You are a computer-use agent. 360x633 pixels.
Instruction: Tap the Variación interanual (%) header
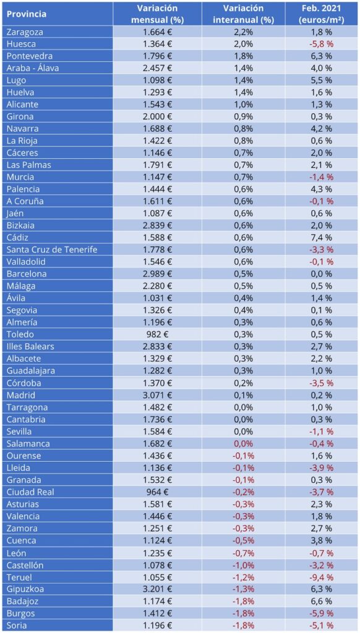[x=244, y=14]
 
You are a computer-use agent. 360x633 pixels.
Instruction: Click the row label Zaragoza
[x=25, y=32]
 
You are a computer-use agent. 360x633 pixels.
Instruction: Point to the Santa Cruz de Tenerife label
[x=52, y=250]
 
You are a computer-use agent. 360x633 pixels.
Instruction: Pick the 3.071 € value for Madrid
[x=158, y=395]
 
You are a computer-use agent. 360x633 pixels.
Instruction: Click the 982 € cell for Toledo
[x=158, y=334]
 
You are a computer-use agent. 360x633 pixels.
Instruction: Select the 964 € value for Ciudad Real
[x=158, y=492]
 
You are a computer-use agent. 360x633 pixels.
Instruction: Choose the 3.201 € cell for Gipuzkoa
[x=158, y=589]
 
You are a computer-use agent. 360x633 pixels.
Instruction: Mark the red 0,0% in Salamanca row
[x=244, y=444]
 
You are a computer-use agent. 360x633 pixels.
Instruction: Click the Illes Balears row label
[x=30, y=347]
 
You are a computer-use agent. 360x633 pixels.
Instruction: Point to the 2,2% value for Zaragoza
[x=244, y=32]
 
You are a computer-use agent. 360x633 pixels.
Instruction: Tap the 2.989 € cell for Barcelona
[x=158, y=274]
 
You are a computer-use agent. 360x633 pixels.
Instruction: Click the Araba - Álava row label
[x=33, y=68]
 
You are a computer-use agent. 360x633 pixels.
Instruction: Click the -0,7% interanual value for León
[x=244, y=553]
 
